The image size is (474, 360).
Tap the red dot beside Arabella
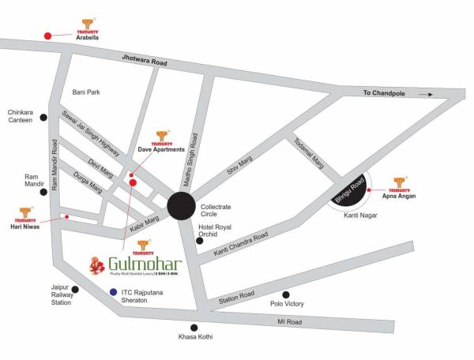pos(47,36)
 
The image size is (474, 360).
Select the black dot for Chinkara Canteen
pos(44,117)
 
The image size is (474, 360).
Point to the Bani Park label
pos(86,92)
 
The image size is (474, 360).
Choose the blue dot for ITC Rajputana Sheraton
pos(114,291)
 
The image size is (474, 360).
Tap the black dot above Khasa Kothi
pos(194,327)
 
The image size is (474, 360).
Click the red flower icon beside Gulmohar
pos(99,265)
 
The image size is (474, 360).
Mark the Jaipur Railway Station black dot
pos(75,289)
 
